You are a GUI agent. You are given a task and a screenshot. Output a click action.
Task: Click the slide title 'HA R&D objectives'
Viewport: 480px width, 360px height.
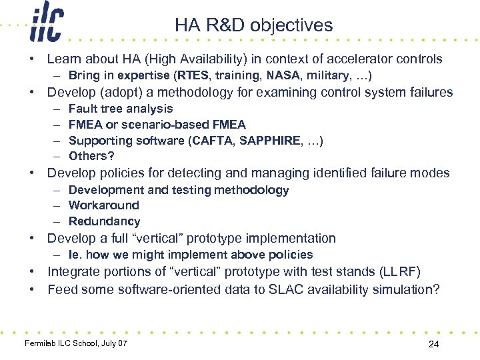click(x=253, y=25)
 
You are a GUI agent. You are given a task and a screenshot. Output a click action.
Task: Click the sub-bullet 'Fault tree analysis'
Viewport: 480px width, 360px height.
click(x=121, y=109)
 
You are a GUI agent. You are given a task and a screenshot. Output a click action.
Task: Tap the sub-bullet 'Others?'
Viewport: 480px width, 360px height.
click(x=91, y=156)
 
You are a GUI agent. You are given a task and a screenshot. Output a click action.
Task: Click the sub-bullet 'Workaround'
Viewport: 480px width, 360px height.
click(x=104, y=205)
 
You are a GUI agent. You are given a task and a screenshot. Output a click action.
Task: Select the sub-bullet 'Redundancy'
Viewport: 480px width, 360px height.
click(x=104, y=221)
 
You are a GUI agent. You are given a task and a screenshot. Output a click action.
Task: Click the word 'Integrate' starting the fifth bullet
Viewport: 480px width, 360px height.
click(x=73, y=271)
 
